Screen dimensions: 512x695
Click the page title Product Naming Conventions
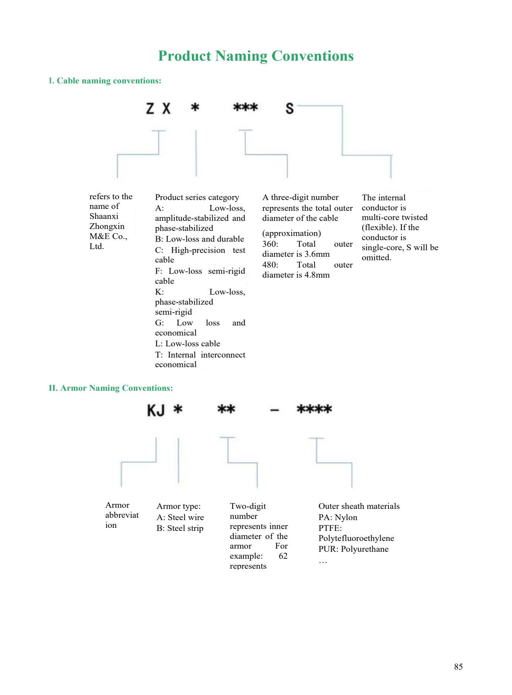[x=256, y=56]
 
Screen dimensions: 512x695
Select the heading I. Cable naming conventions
[x=105, y=81]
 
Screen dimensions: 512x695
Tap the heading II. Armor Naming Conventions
[x=111, y=388]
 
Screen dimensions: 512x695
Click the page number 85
[x=458, y=667]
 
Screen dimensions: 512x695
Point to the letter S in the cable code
[x=290, y=108]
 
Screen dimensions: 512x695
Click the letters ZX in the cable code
[x=158, y=108]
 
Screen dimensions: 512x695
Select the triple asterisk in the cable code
[x=246, y=107]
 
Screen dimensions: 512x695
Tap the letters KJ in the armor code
[x=156, y=410]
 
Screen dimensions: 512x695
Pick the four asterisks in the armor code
[x=314, y=409]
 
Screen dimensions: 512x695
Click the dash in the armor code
[x=275, y=410]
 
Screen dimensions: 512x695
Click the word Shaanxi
[x=104, y=216]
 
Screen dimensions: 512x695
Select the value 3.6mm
[x=317, y=254]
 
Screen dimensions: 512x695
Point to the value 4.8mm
[x=317, y=275]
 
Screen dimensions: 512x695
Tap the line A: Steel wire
[x=180, y=517]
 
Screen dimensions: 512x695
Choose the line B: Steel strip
[x=180, y=528]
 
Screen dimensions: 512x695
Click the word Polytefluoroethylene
[x=356, y=538]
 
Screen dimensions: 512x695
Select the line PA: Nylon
[x=338, y=517]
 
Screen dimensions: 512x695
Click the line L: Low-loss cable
[x=188, y=344]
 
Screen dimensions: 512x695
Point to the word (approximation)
[x=292, y=233]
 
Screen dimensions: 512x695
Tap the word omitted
[x=376, y=258]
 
